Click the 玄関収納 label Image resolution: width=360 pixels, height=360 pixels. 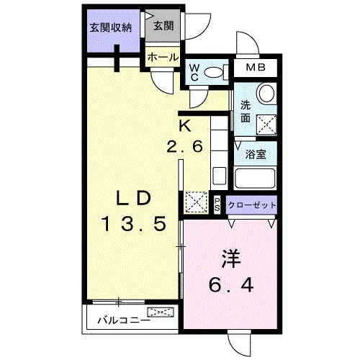click(111, 28)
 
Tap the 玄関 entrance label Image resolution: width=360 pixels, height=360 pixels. click(163, 27)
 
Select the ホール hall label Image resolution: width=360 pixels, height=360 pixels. click(163, 58)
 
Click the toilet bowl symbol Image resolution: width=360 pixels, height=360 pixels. click(214, 72)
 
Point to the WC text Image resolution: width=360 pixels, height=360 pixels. click(194, 72)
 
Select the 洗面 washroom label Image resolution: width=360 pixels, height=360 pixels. click(245, 111)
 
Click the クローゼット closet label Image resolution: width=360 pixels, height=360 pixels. click(252, 204)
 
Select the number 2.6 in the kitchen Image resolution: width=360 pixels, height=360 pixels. click(190, 145)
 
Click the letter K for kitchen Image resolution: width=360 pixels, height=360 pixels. click(184, 125)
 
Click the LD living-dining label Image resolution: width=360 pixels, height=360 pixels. click(134, 198)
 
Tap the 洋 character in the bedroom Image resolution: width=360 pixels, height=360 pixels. click(230, 256)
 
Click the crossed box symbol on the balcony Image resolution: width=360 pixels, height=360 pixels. click(161, 312)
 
